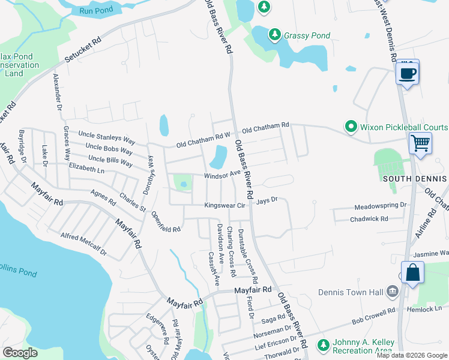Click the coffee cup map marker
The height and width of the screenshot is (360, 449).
[408, 73]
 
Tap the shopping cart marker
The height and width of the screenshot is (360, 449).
[421, 143]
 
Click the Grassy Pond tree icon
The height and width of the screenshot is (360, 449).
[275, 35]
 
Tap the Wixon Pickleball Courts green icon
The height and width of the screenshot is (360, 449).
[351, 127]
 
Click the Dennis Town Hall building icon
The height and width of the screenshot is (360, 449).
[393, 292]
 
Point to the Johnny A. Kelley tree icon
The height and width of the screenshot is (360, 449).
[323, 345]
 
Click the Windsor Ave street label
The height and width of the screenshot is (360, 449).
[222, 175]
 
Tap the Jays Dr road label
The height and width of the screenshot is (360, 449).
[267, 200]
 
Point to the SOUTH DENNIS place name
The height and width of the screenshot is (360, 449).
[414, 179]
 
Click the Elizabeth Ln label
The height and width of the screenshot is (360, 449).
[86, 169]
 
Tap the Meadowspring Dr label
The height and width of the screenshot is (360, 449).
[381, 205]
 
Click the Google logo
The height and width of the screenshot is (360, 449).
[20, 353]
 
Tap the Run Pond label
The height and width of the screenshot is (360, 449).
[95, 10]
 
